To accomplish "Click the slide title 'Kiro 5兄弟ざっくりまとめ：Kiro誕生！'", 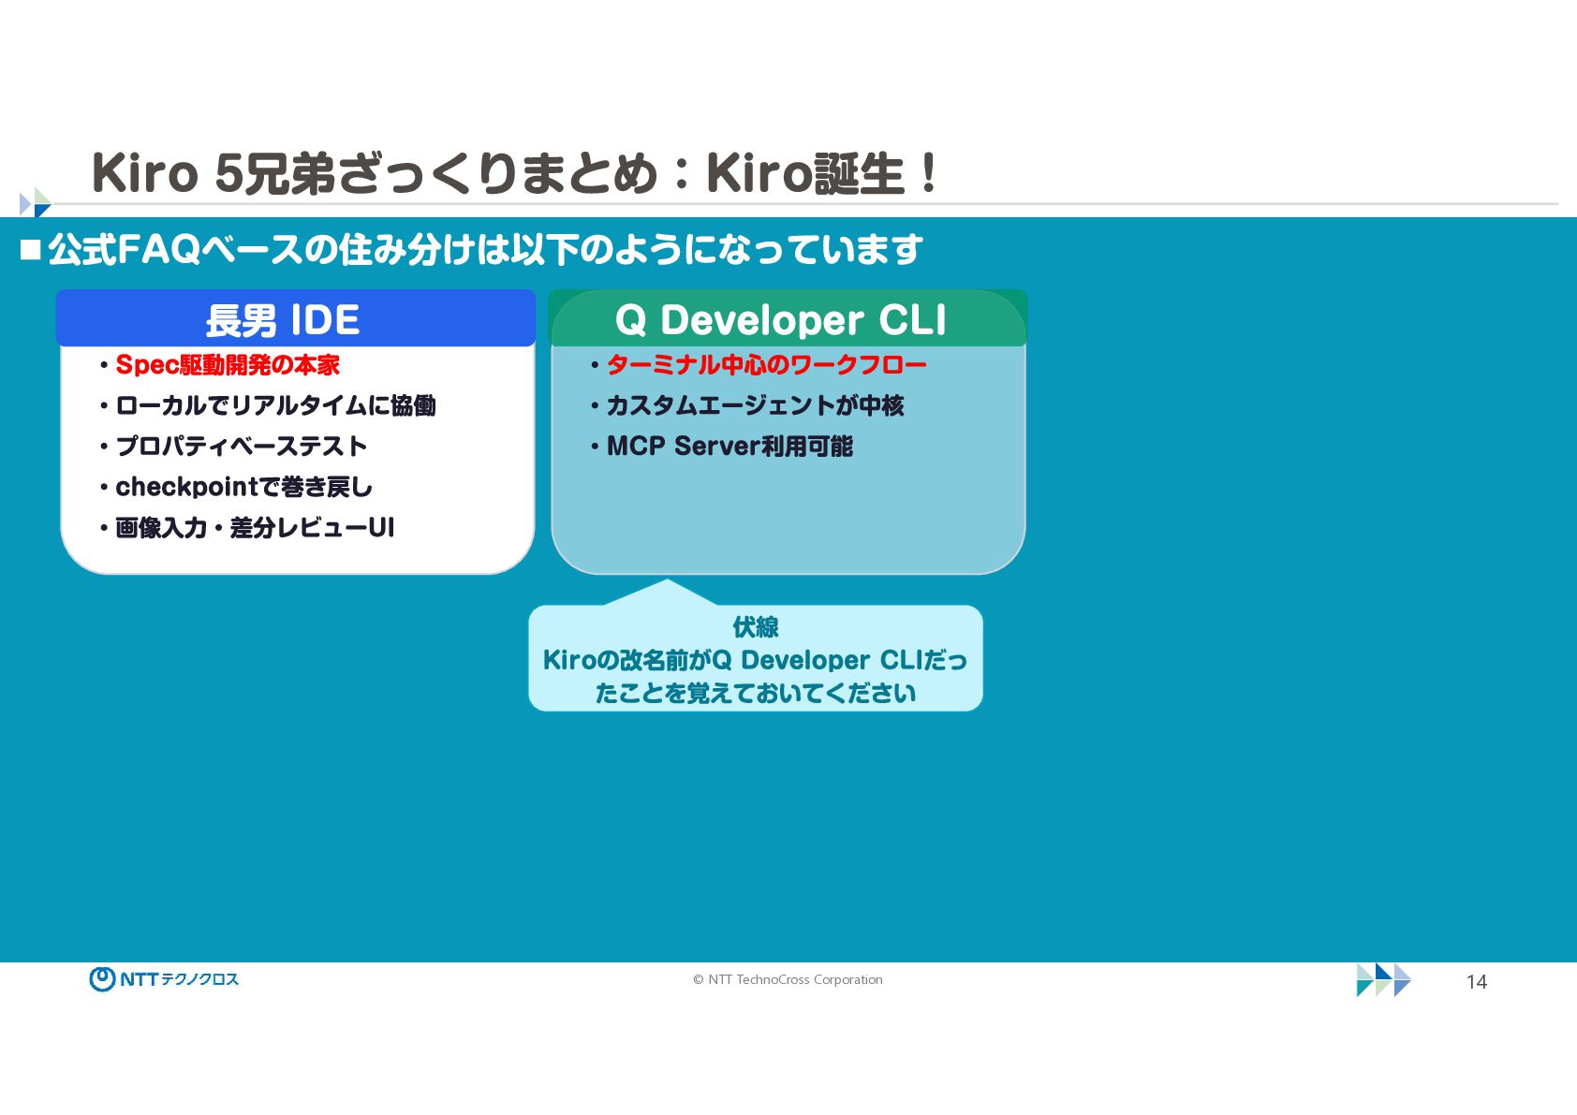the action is coord(515,173).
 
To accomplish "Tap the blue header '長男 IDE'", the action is coord(282,320).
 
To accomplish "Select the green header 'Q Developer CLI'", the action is coord(780,320).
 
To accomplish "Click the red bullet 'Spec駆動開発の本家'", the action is coord(228,364).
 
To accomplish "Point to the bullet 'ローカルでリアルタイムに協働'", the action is coord(275,405).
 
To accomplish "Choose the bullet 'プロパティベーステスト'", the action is coord(242,447).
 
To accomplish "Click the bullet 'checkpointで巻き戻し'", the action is coord(243,487).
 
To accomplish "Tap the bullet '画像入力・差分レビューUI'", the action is coord(255,528).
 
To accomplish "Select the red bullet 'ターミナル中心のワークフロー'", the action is coord(767,364).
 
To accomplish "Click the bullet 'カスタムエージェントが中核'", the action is coord(756,405).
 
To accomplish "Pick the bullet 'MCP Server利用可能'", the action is coord(730,447).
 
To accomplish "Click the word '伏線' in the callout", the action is coord(756,626).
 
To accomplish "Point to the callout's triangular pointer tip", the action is coord(667,580).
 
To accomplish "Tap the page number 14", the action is coord(1476,981).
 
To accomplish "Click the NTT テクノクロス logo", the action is coord(164,979).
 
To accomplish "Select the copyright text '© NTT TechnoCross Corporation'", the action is coord(788,979).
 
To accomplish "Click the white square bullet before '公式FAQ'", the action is coord(31,250).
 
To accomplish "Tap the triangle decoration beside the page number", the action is coord(1383,980).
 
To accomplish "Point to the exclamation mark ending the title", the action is coord(929,173).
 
